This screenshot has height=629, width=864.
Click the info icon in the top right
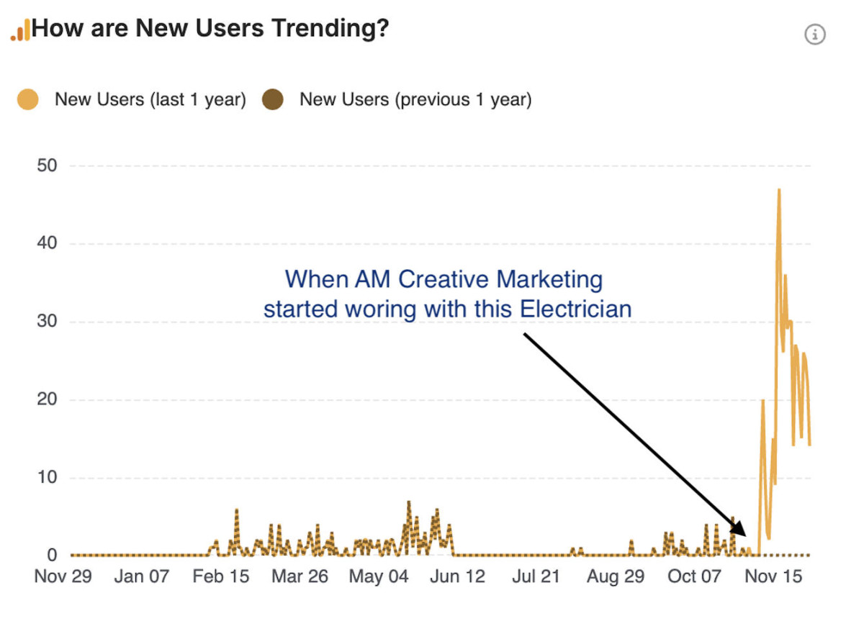[x=815, y=34]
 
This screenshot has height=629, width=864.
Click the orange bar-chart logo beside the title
[x=20, y=30]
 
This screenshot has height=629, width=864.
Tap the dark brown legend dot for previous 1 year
[x=273, y=99]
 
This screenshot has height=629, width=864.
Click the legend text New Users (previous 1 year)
[x=415, y=99]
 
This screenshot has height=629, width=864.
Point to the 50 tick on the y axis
[x=47, y=166]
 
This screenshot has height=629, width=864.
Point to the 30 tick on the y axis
[x=47, y=322]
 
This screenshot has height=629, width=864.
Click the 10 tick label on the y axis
[x=47, y=478]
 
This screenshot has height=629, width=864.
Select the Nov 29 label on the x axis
[x=63, y=576]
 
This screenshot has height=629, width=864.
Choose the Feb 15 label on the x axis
[x=220, y=576]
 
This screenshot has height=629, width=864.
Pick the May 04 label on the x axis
[x=379, y=576]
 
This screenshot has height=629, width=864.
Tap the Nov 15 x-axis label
[x=773, y=576]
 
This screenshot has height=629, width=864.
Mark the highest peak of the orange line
[x=779, y=190]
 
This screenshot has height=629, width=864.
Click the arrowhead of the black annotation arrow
[x=743, y=533]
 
